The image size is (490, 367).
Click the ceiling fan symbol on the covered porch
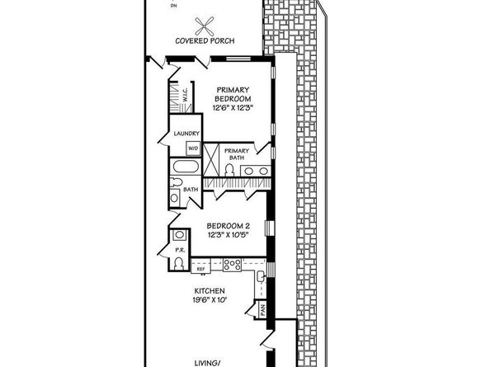(203, 25)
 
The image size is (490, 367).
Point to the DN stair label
(172, 5)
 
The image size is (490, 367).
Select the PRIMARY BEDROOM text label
(233, 94)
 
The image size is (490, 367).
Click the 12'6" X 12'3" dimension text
(233, 107)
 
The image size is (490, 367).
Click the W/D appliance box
(193, 148)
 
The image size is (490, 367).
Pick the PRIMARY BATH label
(237, 154)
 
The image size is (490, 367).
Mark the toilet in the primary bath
(231, 171)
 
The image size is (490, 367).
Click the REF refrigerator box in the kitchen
(200, 267)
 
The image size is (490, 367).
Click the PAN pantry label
(261, 311)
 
